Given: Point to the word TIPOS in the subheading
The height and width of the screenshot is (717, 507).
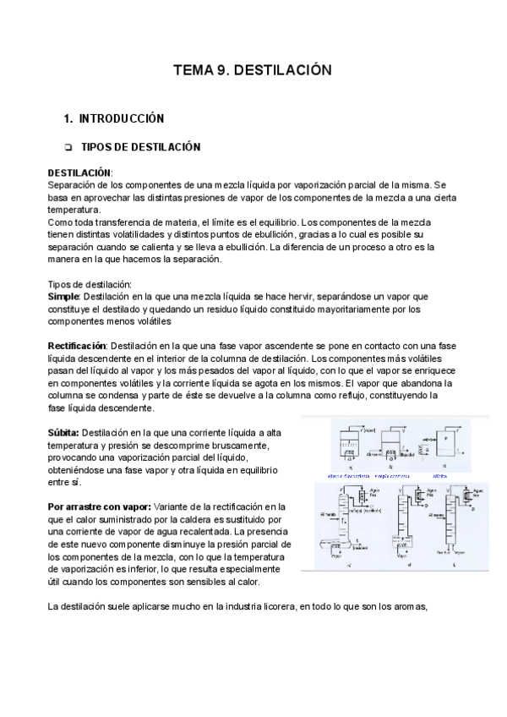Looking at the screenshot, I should [96, 147].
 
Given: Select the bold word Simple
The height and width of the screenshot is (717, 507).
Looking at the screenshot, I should [63, 297].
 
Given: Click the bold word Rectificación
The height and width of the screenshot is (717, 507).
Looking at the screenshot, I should [76, 346].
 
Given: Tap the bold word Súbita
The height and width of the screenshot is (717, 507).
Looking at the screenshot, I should [63, 432].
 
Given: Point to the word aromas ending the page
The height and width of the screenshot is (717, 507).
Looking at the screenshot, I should [409, 605].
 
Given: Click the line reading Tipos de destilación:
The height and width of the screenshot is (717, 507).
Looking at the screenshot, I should [90, 285].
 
